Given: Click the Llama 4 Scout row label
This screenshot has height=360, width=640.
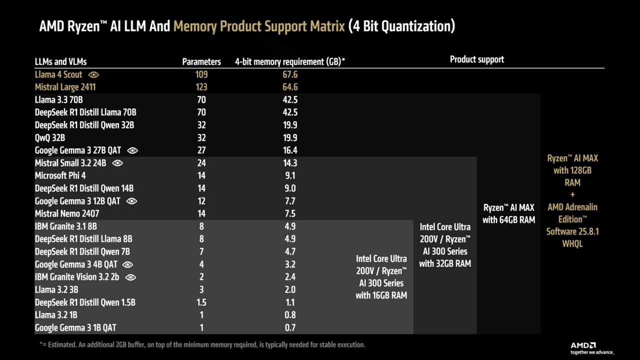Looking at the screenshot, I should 58,74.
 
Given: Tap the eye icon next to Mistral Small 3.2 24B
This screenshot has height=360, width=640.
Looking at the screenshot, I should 117,163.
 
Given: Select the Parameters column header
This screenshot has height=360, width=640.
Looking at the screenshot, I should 201,62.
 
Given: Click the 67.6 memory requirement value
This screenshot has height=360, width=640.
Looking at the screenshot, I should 289,74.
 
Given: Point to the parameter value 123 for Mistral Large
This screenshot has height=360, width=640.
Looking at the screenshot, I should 201,87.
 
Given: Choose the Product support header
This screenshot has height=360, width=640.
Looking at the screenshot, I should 476,59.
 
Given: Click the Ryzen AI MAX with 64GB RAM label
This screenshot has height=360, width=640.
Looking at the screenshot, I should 508,213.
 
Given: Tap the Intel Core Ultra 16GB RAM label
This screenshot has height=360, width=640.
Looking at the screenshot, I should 381,277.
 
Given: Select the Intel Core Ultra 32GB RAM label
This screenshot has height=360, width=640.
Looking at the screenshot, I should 445,245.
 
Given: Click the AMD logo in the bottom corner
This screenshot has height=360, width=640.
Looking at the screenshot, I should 583,345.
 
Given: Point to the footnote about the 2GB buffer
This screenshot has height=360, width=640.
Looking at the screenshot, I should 202,344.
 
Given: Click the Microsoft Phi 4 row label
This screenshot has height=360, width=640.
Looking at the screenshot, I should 60,175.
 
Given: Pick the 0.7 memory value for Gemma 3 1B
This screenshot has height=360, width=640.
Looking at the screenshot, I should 289,327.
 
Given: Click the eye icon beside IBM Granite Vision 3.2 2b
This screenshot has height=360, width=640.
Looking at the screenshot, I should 130,277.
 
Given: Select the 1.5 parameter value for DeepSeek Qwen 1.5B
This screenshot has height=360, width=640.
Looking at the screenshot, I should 201,302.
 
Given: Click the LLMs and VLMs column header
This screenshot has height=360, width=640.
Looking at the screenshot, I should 60,62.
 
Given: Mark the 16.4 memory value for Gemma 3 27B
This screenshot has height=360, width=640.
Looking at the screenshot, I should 289,150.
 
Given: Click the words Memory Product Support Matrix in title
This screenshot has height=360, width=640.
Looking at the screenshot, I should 259,26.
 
